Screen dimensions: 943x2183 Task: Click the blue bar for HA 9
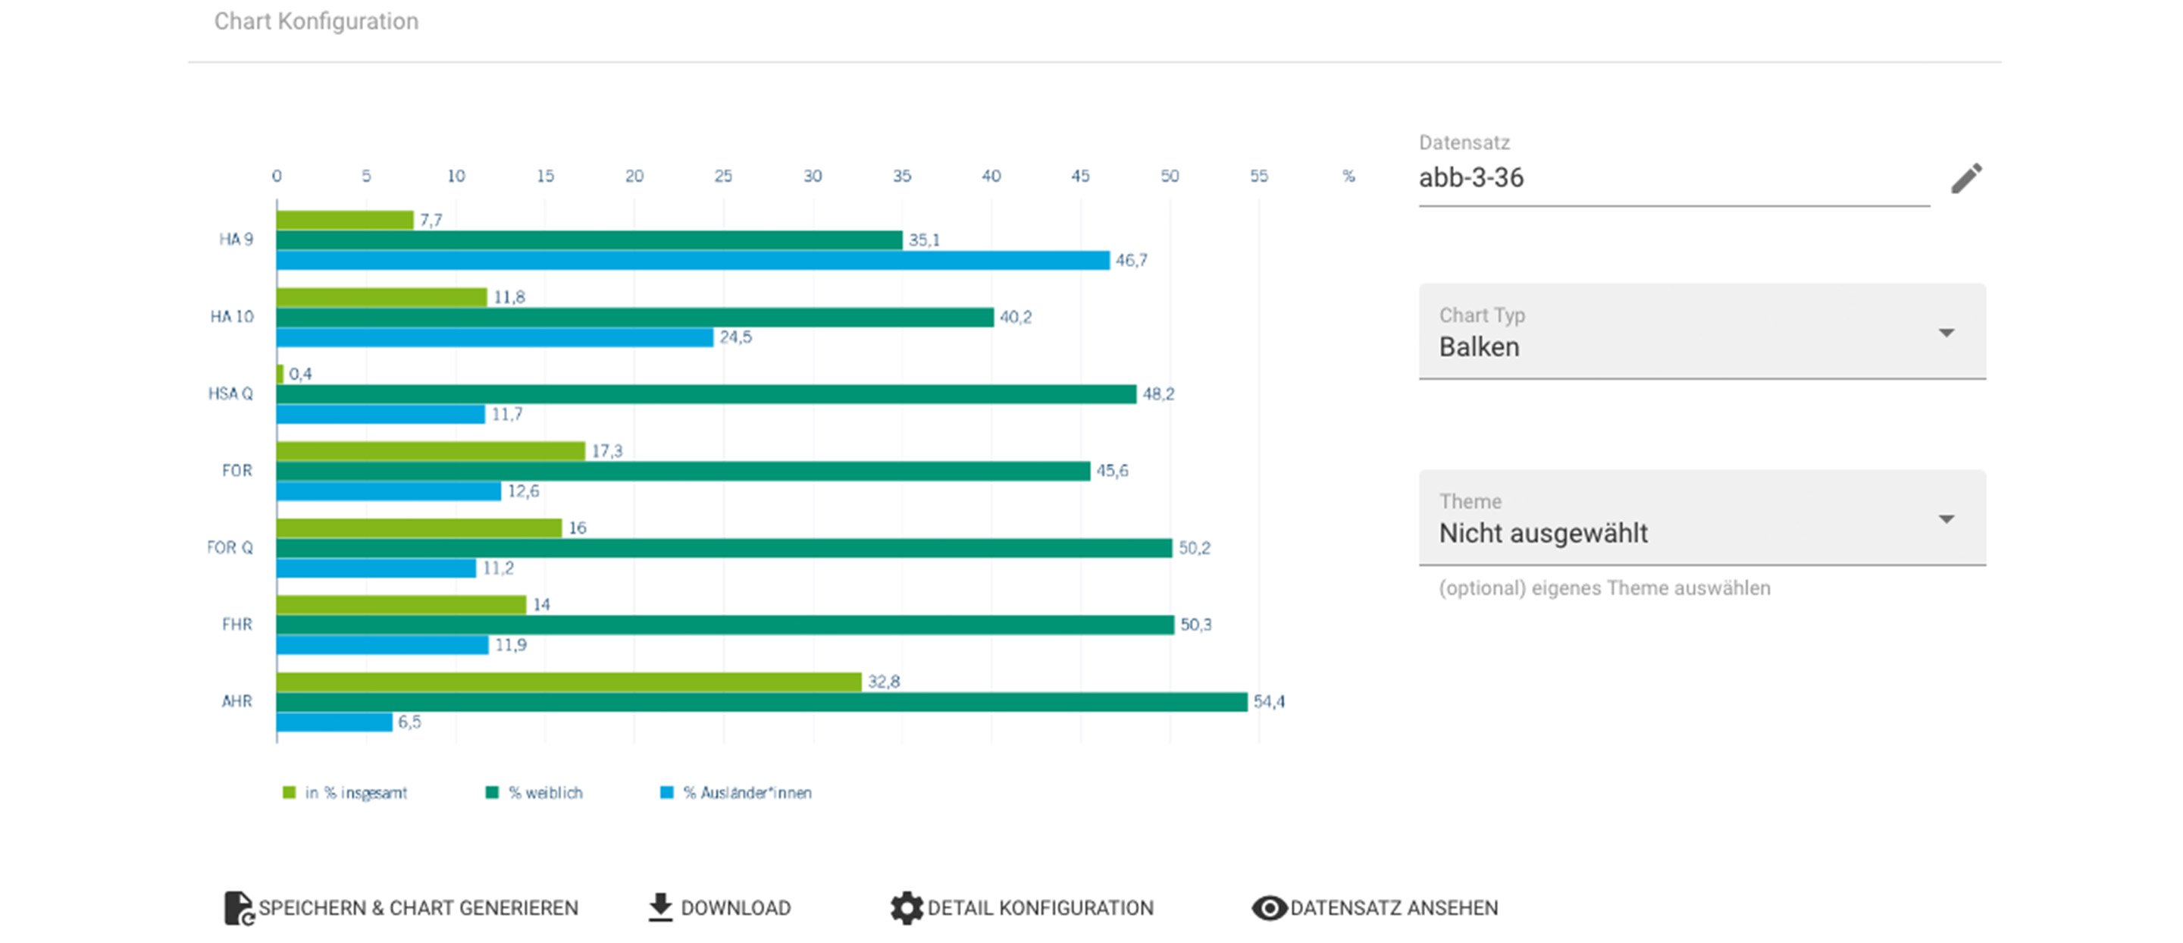[691, 260]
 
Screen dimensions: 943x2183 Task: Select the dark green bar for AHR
[761, 701]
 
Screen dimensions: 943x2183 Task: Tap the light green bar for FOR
[431, 451]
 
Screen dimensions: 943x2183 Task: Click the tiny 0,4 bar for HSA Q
[280, 374]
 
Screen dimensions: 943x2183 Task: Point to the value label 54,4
[1269, 701]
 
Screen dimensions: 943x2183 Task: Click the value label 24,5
[734, 337]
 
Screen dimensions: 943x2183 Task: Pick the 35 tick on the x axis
[902, 176]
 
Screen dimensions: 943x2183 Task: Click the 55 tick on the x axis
[1258, 176]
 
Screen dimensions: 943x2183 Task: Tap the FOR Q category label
[230, 547]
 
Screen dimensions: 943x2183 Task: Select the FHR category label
[236, 625]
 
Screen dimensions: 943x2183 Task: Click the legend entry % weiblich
[534, 793]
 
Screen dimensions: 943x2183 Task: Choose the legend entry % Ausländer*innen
[737, 793]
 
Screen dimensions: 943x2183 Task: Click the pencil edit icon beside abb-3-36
[1966, 179]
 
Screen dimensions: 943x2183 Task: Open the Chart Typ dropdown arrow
[1947, 333]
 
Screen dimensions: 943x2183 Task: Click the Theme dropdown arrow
[1947, 519]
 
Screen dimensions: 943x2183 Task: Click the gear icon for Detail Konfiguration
[906, 908]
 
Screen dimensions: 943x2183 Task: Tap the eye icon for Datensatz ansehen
[1269, 908]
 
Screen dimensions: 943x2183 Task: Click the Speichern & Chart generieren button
[401, 908]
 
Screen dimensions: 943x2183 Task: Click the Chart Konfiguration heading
[316, 21]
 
